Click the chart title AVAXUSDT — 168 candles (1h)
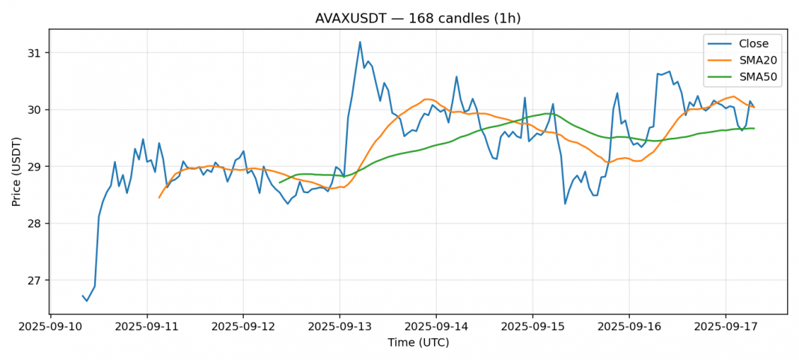click(x=417, y=18)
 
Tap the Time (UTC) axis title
click(x=417, y=343)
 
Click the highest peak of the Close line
click(x=360, y=42)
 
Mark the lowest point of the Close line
click(x=87, y=301)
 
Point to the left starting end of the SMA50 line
click(x=279, y=183)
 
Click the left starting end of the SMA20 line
click(x=159, y=198)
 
